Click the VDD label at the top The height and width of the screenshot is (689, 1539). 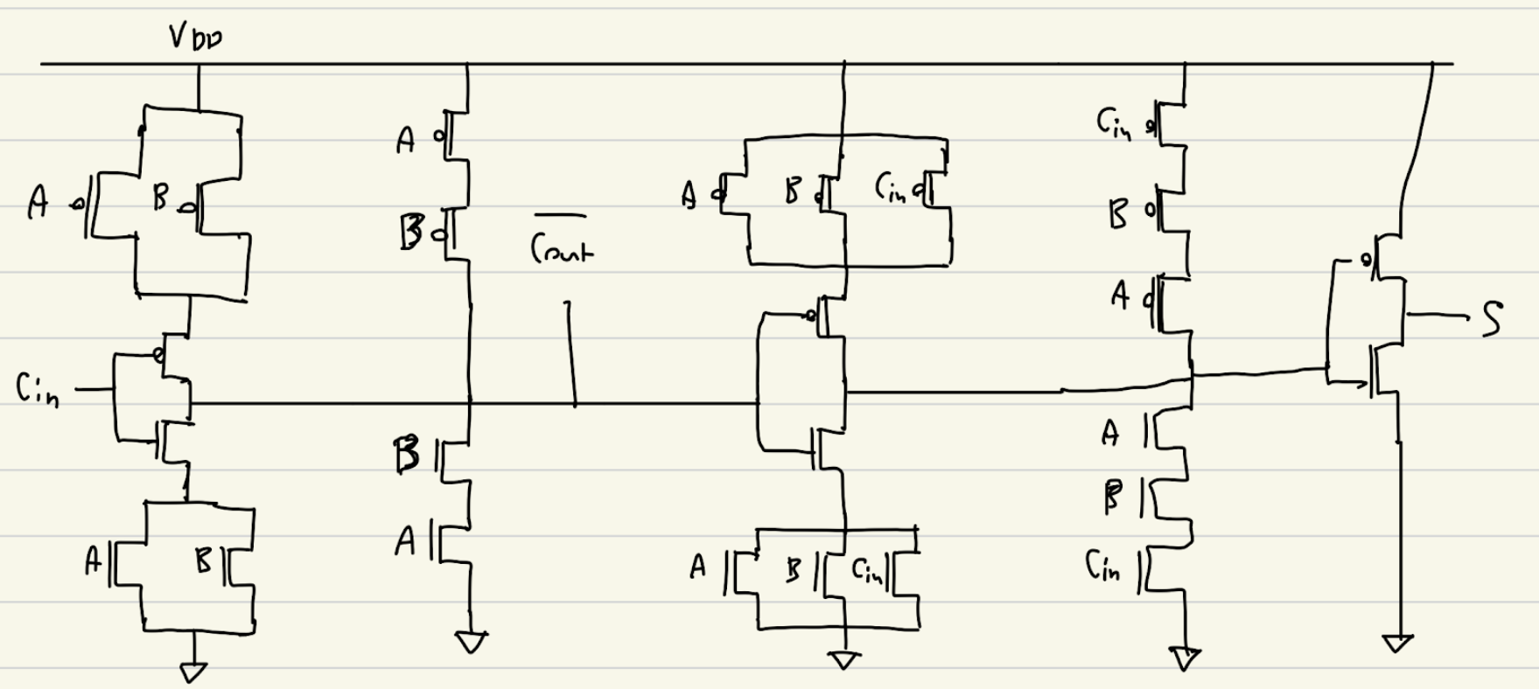[x=195, y=38]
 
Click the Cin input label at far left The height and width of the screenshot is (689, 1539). [x=38, y=389]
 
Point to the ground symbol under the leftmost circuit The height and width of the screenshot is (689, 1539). [x=193, y=672]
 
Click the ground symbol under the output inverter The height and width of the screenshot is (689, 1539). [x=1397, y=644]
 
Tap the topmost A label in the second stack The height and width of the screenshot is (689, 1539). [x=405, y=140]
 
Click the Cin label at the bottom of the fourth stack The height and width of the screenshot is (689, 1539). [x=1103, y=566]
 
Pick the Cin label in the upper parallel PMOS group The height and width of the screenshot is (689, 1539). [x=892, y=188]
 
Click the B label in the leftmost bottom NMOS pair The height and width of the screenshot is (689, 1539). [x=203, y=560]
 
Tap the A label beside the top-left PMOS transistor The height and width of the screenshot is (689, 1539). [x=38, y=202]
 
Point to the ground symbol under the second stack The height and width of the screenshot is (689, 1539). [x=471, y=644]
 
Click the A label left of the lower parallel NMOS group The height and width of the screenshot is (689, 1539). [x=697, y=568]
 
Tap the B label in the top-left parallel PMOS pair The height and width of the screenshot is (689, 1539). [x=160, y=198]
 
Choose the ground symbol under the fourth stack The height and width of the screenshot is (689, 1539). [x=1186, y=658]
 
